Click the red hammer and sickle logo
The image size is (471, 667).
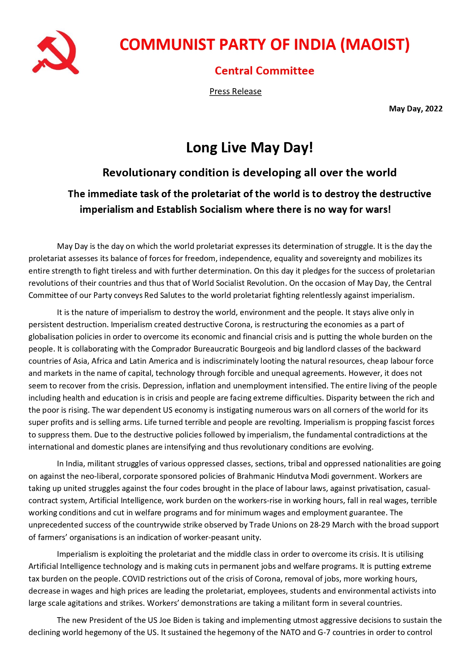(x=55, y=52)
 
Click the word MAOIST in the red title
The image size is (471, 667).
(x=375, y=44)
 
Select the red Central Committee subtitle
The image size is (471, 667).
(x=264, y=71)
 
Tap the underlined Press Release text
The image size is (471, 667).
(x=235, y=91)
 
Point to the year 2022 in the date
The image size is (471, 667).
(x=433, y=109)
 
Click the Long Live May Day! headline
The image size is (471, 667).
(x=249, y=147)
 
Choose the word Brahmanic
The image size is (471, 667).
(x=255, y=476)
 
